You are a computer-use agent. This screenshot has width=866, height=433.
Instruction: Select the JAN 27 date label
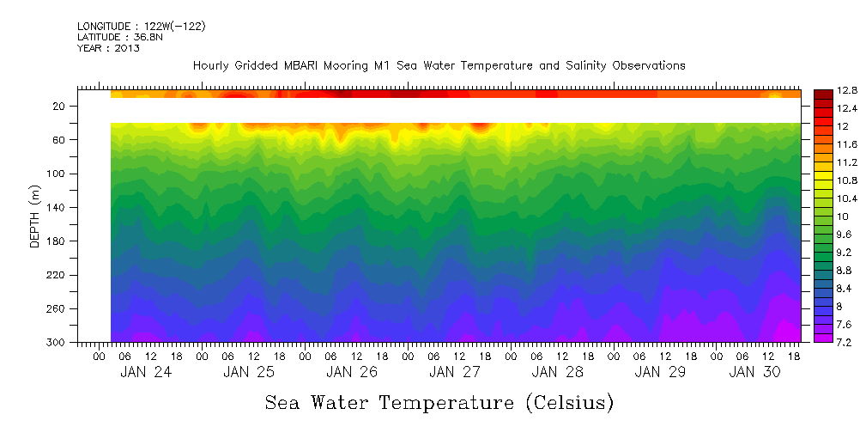click(455, 372)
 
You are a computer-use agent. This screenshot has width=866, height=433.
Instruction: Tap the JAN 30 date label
click(754, 372)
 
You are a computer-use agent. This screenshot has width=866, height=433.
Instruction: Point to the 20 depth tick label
click(60, 107)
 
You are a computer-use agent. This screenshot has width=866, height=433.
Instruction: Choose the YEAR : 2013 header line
click(109, 48)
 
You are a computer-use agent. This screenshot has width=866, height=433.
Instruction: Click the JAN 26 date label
click(352, 372)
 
